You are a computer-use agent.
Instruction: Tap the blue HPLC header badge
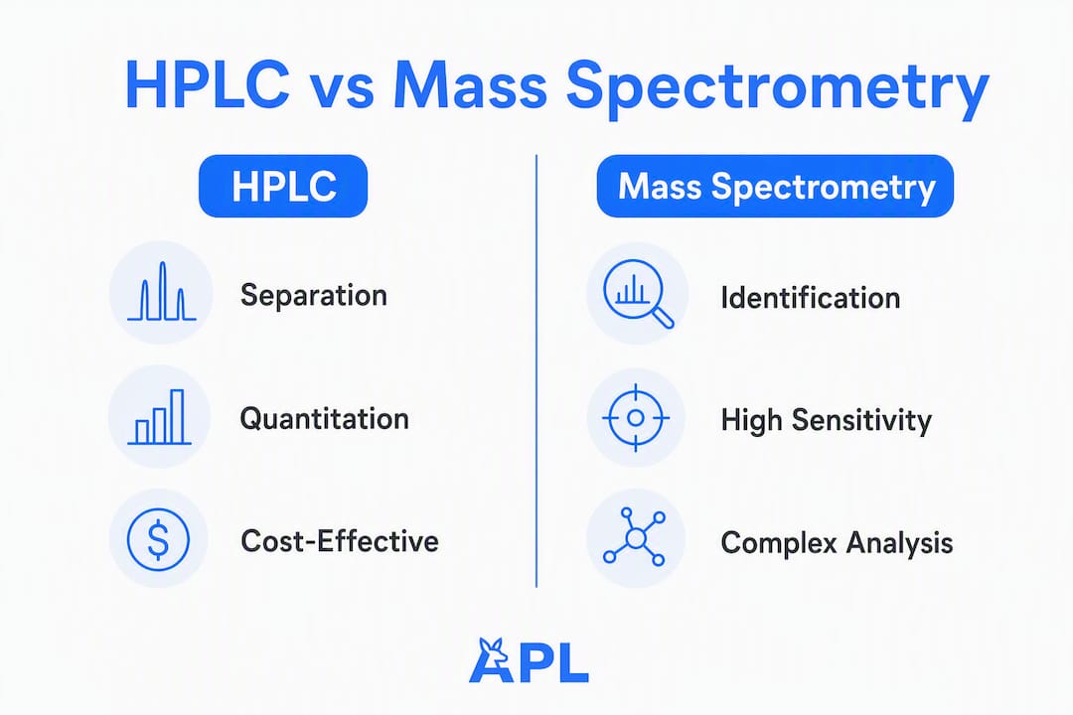pyautogui.click(x=283, y=186)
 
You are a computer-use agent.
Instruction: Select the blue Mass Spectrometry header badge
pyautogui.click(x=775, y=186)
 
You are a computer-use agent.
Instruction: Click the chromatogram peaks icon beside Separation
pyautogui.click(x=162, y=292)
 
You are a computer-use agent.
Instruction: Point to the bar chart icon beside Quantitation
pyautogui.click(x=160, y=417)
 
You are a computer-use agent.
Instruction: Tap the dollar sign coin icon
pyautogui.click(x=158, y=539)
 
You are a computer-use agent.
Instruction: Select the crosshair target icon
pyautogui.click(x=636, y=417)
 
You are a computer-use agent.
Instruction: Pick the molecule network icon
pyautogui.click(x=634, y=538)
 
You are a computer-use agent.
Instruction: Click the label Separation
pyautogui.click(x=314, y=296)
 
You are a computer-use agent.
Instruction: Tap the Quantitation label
pyautogui.click(x=324, y=419)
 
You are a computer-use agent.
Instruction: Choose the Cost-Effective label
pyautogui.click(x=340, y=541)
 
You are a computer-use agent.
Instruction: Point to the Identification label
pyautogui.click(x=811, y=298)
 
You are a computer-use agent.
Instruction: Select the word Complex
pyautogui.click(x=779, y=544)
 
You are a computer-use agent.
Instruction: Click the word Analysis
pyautogui.click(x=899, y=544)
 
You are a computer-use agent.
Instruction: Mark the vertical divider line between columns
pyautogui.click(x=536, y=370)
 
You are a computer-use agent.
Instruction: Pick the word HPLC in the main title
pyautogui.click(x=208, y=85)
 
